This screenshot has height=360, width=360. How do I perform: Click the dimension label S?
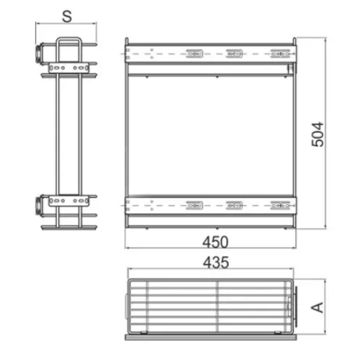click(67, 16)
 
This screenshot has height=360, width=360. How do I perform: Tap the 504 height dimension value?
click(318, 134)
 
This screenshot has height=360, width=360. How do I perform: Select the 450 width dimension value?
click(216, 242)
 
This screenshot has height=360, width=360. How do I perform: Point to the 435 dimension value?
click(216, 263)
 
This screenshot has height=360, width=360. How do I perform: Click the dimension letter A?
click(317, 307)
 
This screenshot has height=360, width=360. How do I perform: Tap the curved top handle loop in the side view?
click(69, 39)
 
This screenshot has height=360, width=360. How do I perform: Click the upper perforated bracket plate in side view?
click(69, 68)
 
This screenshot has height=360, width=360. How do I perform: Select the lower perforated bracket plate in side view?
click(69, 200)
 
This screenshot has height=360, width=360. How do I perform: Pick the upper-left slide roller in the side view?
click(39, 53)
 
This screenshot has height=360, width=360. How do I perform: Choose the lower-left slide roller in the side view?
click(39, 205)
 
